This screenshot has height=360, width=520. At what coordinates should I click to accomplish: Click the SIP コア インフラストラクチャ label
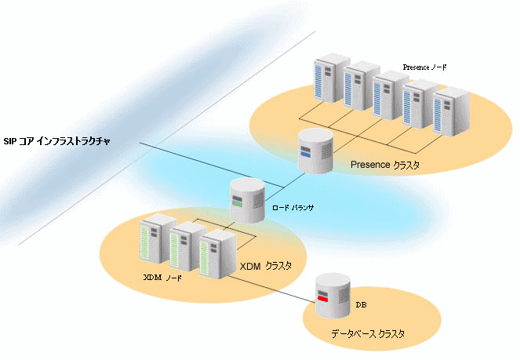56,141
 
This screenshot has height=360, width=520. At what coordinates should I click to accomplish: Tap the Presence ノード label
425,67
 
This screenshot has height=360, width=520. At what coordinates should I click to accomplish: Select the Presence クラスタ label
385,165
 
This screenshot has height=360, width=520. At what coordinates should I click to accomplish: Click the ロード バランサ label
293,208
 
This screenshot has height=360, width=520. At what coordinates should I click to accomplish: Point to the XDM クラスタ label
266,266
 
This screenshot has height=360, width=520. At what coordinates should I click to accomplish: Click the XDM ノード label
162,278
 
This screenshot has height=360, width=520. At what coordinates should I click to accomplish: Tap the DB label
361,305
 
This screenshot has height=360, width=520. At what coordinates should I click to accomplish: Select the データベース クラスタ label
368,334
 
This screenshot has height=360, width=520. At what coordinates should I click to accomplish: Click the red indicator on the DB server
322,299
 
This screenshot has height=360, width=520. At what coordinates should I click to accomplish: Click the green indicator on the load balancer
237,204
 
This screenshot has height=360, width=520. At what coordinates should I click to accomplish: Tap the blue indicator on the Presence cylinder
305,154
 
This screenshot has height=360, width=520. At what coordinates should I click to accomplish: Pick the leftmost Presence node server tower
332,78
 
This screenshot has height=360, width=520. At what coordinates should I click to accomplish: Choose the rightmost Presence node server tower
451,112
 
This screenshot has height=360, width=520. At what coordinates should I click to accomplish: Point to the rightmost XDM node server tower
218,255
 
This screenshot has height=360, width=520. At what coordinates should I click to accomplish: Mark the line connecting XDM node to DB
271,289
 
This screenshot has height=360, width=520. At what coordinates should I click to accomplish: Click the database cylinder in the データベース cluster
333,296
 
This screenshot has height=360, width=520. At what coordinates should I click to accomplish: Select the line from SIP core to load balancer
213,165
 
